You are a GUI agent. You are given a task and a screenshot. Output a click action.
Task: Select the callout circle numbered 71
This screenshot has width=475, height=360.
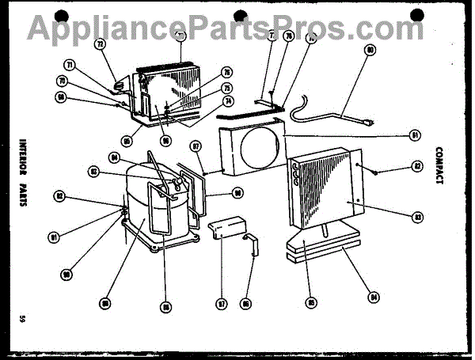(69, 65)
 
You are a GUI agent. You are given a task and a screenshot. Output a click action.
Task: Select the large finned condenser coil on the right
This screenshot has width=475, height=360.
(321, 186)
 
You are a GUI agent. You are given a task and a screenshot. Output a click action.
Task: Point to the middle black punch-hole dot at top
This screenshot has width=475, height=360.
(238, 15)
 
